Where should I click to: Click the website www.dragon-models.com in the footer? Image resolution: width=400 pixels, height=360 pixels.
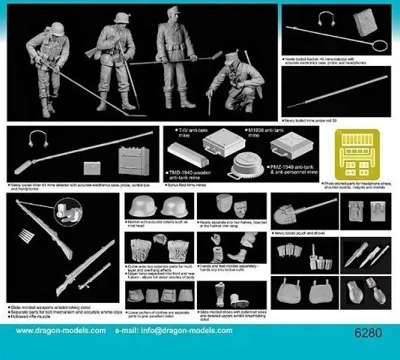(61, 331)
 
